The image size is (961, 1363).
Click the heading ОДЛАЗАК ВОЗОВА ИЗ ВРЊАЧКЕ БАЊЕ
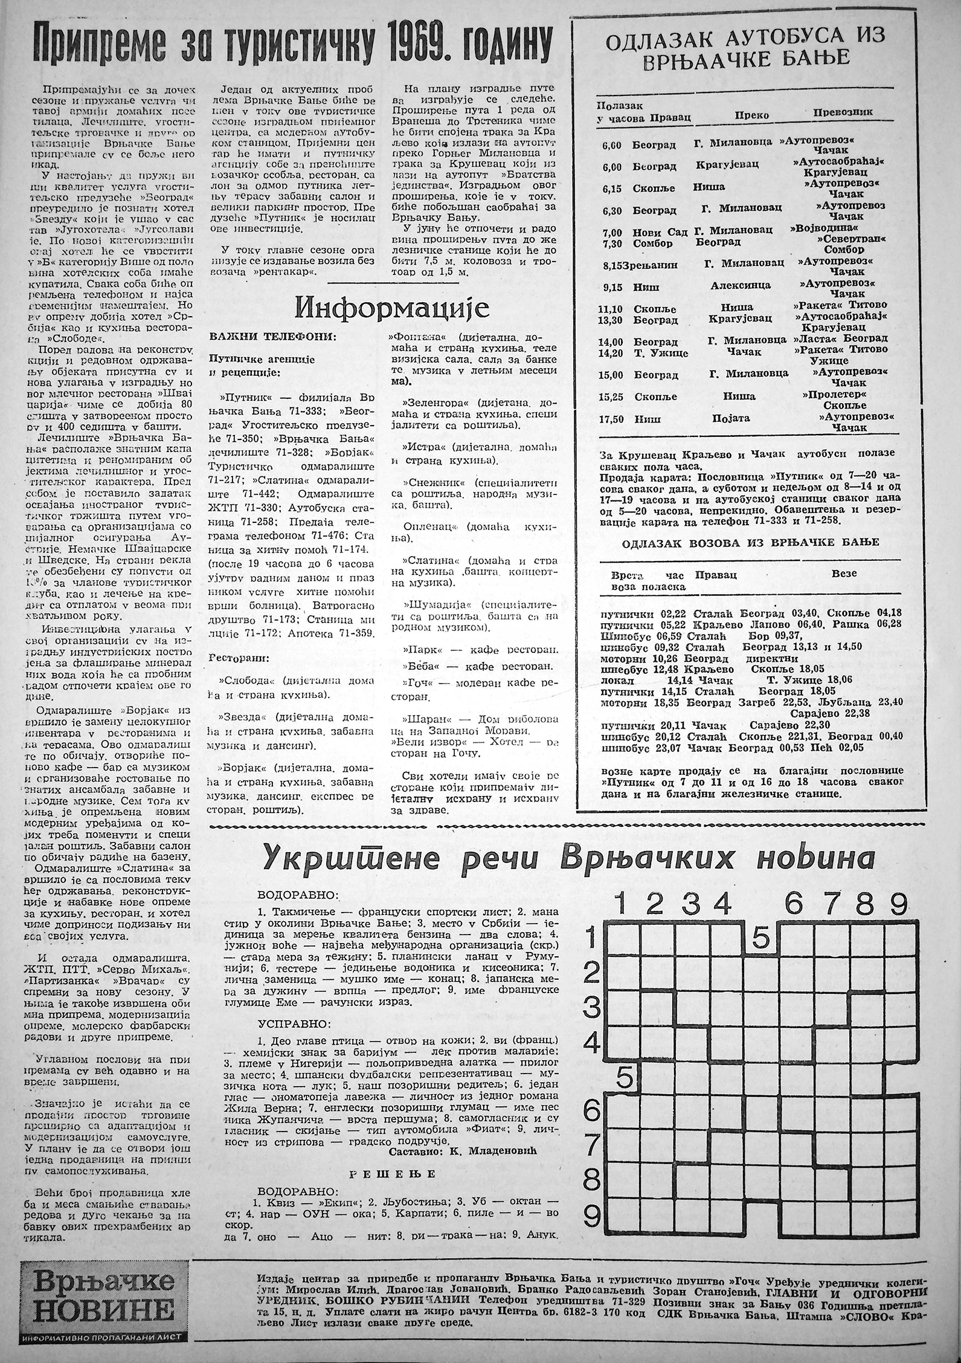click(x=751, y=542)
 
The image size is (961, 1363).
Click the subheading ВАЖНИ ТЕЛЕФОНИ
click(x=253, y=336)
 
